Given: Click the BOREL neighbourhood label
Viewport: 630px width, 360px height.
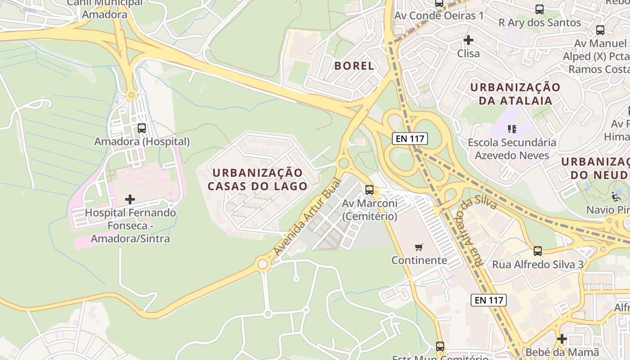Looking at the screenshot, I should point(354,66).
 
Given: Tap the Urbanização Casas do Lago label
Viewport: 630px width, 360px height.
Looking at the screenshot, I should point(257,179).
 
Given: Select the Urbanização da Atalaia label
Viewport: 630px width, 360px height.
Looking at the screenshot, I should point(515,94).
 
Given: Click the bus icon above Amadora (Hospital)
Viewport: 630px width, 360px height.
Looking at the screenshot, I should point(142,128).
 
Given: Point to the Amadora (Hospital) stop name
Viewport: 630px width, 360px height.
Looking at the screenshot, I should point(142,142).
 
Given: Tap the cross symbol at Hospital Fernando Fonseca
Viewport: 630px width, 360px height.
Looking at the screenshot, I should point(130,199).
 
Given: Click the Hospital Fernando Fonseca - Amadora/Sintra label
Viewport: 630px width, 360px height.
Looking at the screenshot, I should point(130,225).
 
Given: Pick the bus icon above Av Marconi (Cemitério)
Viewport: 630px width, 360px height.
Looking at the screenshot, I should point(369,190).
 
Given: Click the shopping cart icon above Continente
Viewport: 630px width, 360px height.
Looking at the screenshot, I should point(419,247).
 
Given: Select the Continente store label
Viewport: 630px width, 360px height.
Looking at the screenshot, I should point(419,260).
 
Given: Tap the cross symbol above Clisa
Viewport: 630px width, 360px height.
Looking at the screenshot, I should point(468,40).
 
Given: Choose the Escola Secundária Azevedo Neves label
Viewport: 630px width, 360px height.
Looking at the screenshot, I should point(512,149).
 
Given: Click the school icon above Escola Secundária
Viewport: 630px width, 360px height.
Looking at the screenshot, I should point(512,130).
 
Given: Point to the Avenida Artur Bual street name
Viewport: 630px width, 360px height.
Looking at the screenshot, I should point(308,217).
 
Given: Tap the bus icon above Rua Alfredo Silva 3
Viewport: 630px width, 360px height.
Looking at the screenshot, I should point(538,251).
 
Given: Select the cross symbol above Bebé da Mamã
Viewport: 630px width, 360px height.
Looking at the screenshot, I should point(562,338).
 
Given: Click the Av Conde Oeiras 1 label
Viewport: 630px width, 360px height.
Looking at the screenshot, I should point(439,16).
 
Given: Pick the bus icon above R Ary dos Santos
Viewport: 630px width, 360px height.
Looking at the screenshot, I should point(540,9).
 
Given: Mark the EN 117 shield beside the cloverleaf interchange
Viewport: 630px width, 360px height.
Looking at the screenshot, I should point(409,139).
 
